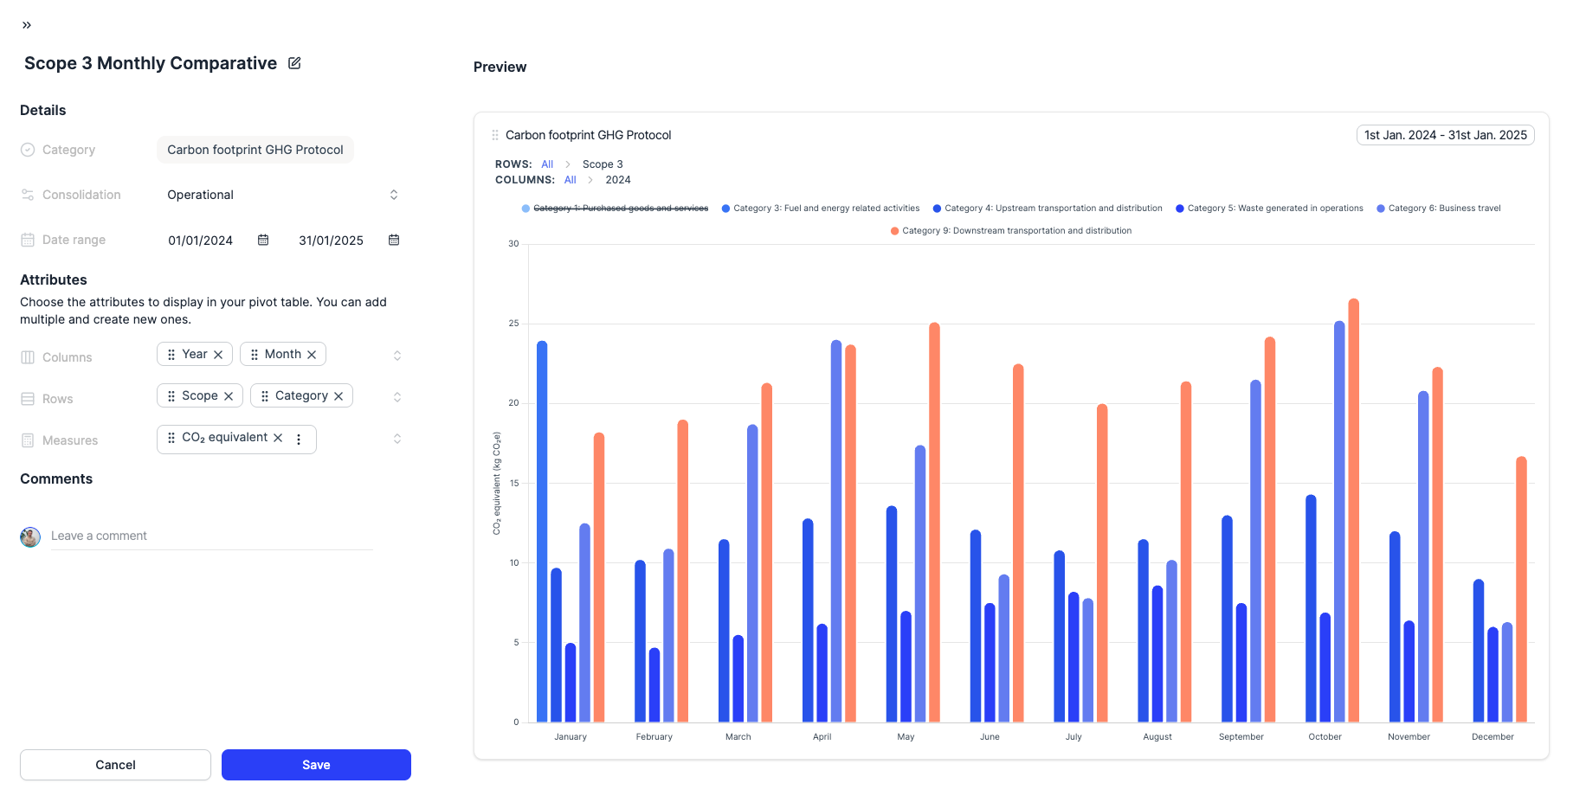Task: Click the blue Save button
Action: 316,765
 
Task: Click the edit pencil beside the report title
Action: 294,63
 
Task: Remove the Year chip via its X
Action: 218,355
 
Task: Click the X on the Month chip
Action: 312,355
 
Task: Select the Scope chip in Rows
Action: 199,395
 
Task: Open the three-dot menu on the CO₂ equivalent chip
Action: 299,440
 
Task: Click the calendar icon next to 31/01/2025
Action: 394,240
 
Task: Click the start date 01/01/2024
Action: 200,241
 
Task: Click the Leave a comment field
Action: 211,536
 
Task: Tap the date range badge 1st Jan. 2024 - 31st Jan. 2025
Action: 1445,135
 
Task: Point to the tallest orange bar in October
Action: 1353,510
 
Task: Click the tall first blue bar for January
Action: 542,531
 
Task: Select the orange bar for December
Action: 1521,589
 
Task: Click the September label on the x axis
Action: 1241,737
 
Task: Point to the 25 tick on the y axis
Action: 514,324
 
